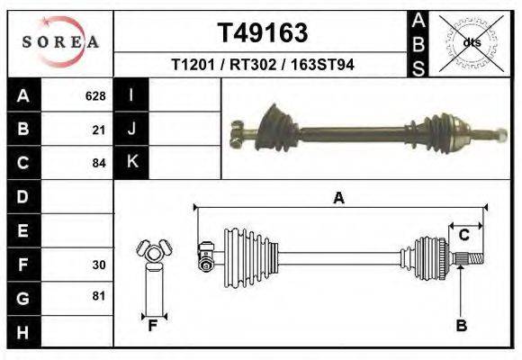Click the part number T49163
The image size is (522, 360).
(263, 33)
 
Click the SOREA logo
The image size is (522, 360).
(60, 42)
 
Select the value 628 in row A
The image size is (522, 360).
(95, 95)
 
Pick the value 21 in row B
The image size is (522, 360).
(99, 129)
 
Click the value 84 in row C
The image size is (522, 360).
(99, 163)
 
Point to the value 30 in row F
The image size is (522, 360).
(99, 265)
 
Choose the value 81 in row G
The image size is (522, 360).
(99, 296)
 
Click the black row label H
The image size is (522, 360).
(22, 332)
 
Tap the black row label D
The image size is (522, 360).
(22, 196)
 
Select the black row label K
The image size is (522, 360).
(131, 162)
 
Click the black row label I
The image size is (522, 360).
(131, 95)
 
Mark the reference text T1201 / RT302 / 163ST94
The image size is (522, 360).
(262, 66)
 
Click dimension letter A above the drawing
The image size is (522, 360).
(338, 198)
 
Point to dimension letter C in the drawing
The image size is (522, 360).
(464, 236)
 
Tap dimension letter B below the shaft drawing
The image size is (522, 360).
(461, 326)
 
